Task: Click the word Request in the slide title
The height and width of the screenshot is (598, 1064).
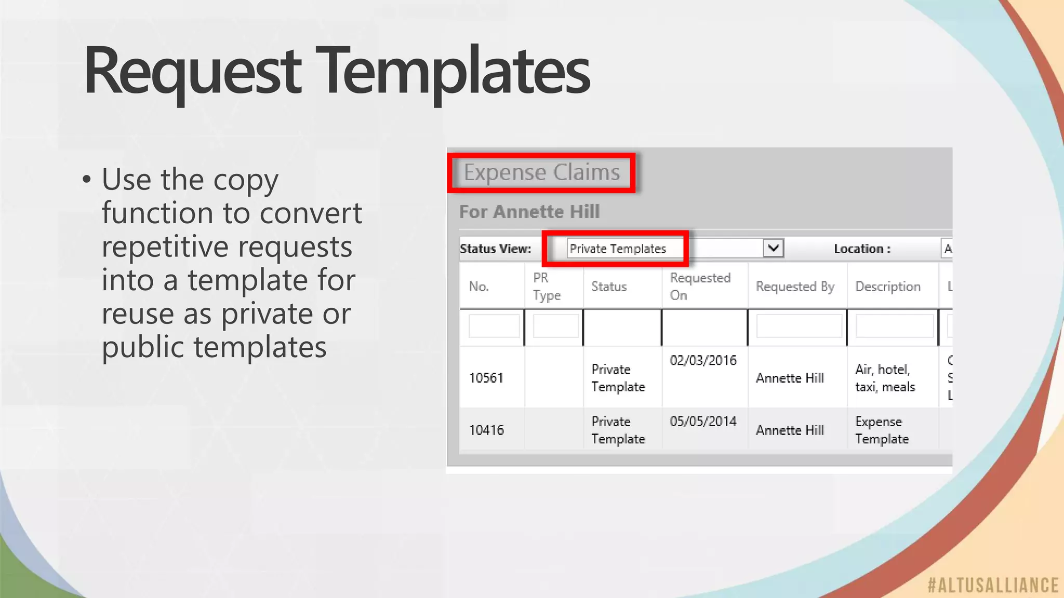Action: (192, 71)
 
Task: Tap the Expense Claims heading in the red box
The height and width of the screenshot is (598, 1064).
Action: (541, 172)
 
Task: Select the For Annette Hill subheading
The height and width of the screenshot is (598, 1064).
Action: (529, 212)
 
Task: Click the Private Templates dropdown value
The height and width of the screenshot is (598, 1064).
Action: (618, 249)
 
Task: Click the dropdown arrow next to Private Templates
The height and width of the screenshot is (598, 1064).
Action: (773, 248)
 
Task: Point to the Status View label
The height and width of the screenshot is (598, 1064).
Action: (495, 249)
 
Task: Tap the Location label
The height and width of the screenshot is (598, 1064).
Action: (862, 249)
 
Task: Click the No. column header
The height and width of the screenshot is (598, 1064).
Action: (479, 287)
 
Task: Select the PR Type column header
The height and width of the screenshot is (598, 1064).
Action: (547, 287)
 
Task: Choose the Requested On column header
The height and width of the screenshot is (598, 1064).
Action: (700, 287)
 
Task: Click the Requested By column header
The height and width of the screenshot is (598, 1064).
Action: (795, 287)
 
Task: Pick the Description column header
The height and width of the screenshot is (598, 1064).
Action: (887, 287)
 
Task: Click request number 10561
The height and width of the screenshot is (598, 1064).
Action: (486, 378)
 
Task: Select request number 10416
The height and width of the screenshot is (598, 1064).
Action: (486, 430)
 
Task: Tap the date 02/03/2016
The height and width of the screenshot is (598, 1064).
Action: (703, 361)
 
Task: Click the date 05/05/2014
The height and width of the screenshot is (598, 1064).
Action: (703, 422)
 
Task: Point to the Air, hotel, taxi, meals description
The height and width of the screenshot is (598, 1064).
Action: (885, 378)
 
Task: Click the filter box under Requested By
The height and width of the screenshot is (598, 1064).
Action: (799, 327)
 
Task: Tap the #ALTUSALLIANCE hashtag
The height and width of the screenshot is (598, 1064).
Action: (993, 586)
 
